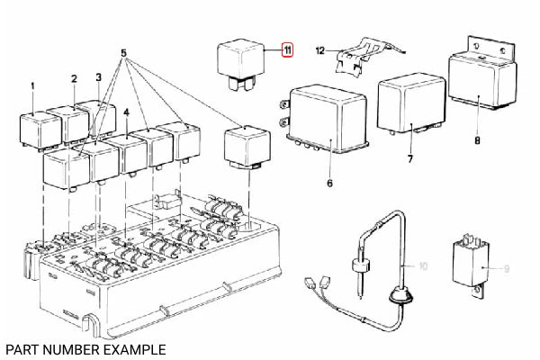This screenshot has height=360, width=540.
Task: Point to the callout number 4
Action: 129,112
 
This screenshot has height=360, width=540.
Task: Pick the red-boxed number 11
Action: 286,50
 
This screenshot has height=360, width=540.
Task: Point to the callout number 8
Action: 478,140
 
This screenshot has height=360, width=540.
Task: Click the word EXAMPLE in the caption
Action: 127,347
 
